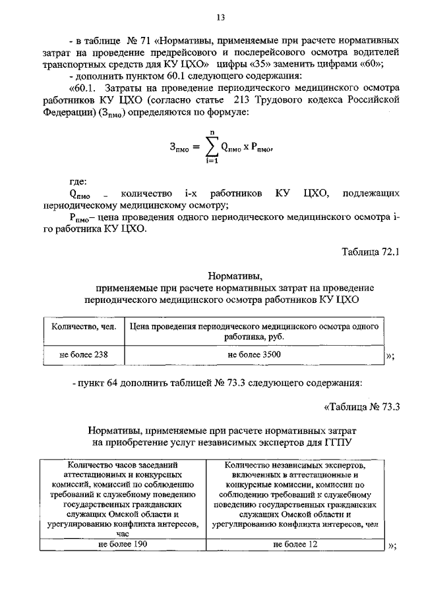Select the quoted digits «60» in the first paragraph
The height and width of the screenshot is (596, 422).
[x=374, y=64]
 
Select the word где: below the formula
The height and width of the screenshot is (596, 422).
[x=78, y=181]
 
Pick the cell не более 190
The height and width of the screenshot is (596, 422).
[x=122, y=544]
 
